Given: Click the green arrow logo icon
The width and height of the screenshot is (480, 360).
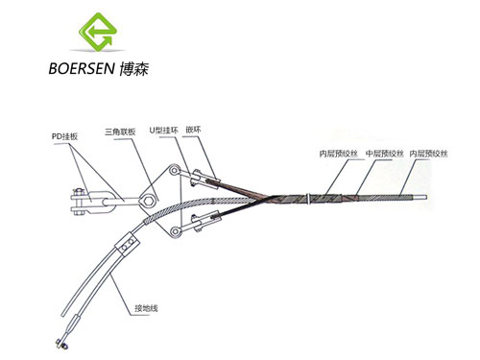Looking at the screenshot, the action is (98, 32).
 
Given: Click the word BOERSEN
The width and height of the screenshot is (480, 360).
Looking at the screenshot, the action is (82, 68).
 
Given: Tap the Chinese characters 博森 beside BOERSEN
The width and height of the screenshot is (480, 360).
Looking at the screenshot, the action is (134, 68).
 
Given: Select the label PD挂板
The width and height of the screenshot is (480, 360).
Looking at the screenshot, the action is (64, 136).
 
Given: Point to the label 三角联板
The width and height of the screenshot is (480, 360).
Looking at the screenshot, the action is (120, 132).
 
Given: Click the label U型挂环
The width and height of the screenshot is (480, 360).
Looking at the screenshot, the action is (163, 131).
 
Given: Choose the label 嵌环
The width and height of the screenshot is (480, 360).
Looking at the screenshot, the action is (193, 130).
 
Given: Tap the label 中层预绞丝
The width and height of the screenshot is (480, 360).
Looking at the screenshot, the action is (385, 154).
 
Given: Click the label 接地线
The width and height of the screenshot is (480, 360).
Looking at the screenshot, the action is (146, 308).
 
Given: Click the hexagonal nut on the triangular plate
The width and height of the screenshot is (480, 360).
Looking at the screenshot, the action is (148, 202).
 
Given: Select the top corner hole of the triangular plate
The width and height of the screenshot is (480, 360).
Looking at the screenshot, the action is (174, 170).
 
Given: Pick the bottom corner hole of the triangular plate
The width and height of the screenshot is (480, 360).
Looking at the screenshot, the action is (175, 231).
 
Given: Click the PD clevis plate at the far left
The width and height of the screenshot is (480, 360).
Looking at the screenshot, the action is (90, 203).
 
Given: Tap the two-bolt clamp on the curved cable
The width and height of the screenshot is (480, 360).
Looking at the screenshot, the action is (127, 244).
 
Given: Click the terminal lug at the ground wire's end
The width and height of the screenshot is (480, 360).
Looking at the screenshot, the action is (60, 344).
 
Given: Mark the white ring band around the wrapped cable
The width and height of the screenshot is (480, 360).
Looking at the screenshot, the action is (308, 199).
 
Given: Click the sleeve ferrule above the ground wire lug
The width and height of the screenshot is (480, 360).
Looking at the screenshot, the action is (73, 324).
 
